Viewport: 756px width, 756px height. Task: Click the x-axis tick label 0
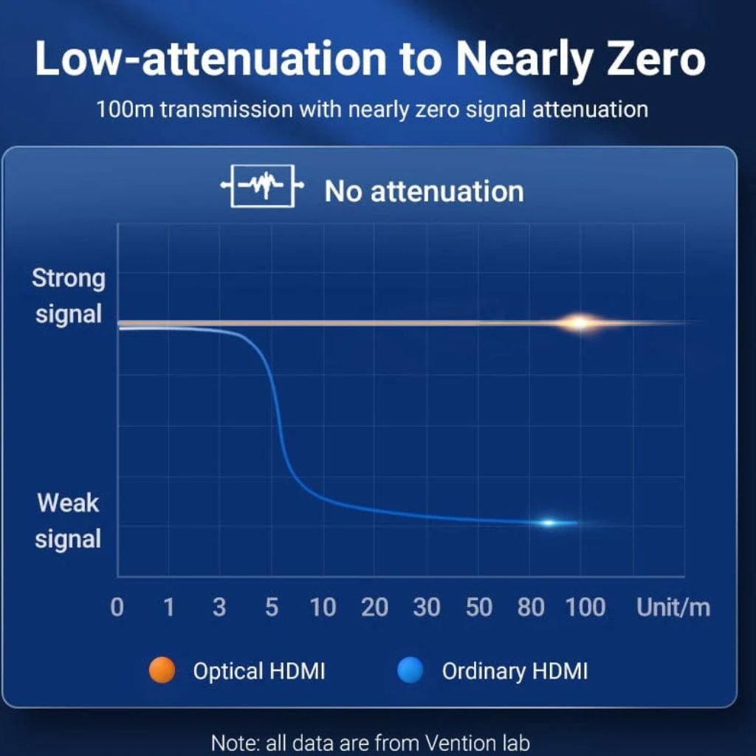click(x=117, y=608)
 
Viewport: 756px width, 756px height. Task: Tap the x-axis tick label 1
click(x=168, y=608)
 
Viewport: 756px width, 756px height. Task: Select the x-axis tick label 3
click(x=219, y=608)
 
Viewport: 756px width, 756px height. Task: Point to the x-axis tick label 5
click(x=272, y=608)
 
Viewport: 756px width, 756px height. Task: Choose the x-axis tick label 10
click(x=323, y=608)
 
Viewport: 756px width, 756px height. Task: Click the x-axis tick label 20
click(x=374, y=608)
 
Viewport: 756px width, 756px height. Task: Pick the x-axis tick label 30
click(x=426, y=608)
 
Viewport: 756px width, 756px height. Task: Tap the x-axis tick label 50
click(x=478, y=608)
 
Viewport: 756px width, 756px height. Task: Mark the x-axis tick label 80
click(x=531, y=608)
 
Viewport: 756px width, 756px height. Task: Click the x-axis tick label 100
click(x=585, y=608)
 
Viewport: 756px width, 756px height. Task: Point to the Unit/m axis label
click(x=673, y=608)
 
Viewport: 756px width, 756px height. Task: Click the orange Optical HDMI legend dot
click(x=162, y=671)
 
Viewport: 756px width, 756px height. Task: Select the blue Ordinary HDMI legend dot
click(x=410, y=671)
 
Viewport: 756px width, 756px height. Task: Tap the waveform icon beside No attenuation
click(x=262, y=190)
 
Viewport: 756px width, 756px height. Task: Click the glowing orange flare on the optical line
click(x=580, y=323)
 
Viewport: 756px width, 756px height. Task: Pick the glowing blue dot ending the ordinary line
click(x=549, y=523)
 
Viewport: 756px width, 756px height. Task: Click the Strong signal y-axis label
click(x=69, y=296)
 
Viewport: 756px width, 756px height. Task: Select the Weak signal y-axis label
click(x=68, y=521)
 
